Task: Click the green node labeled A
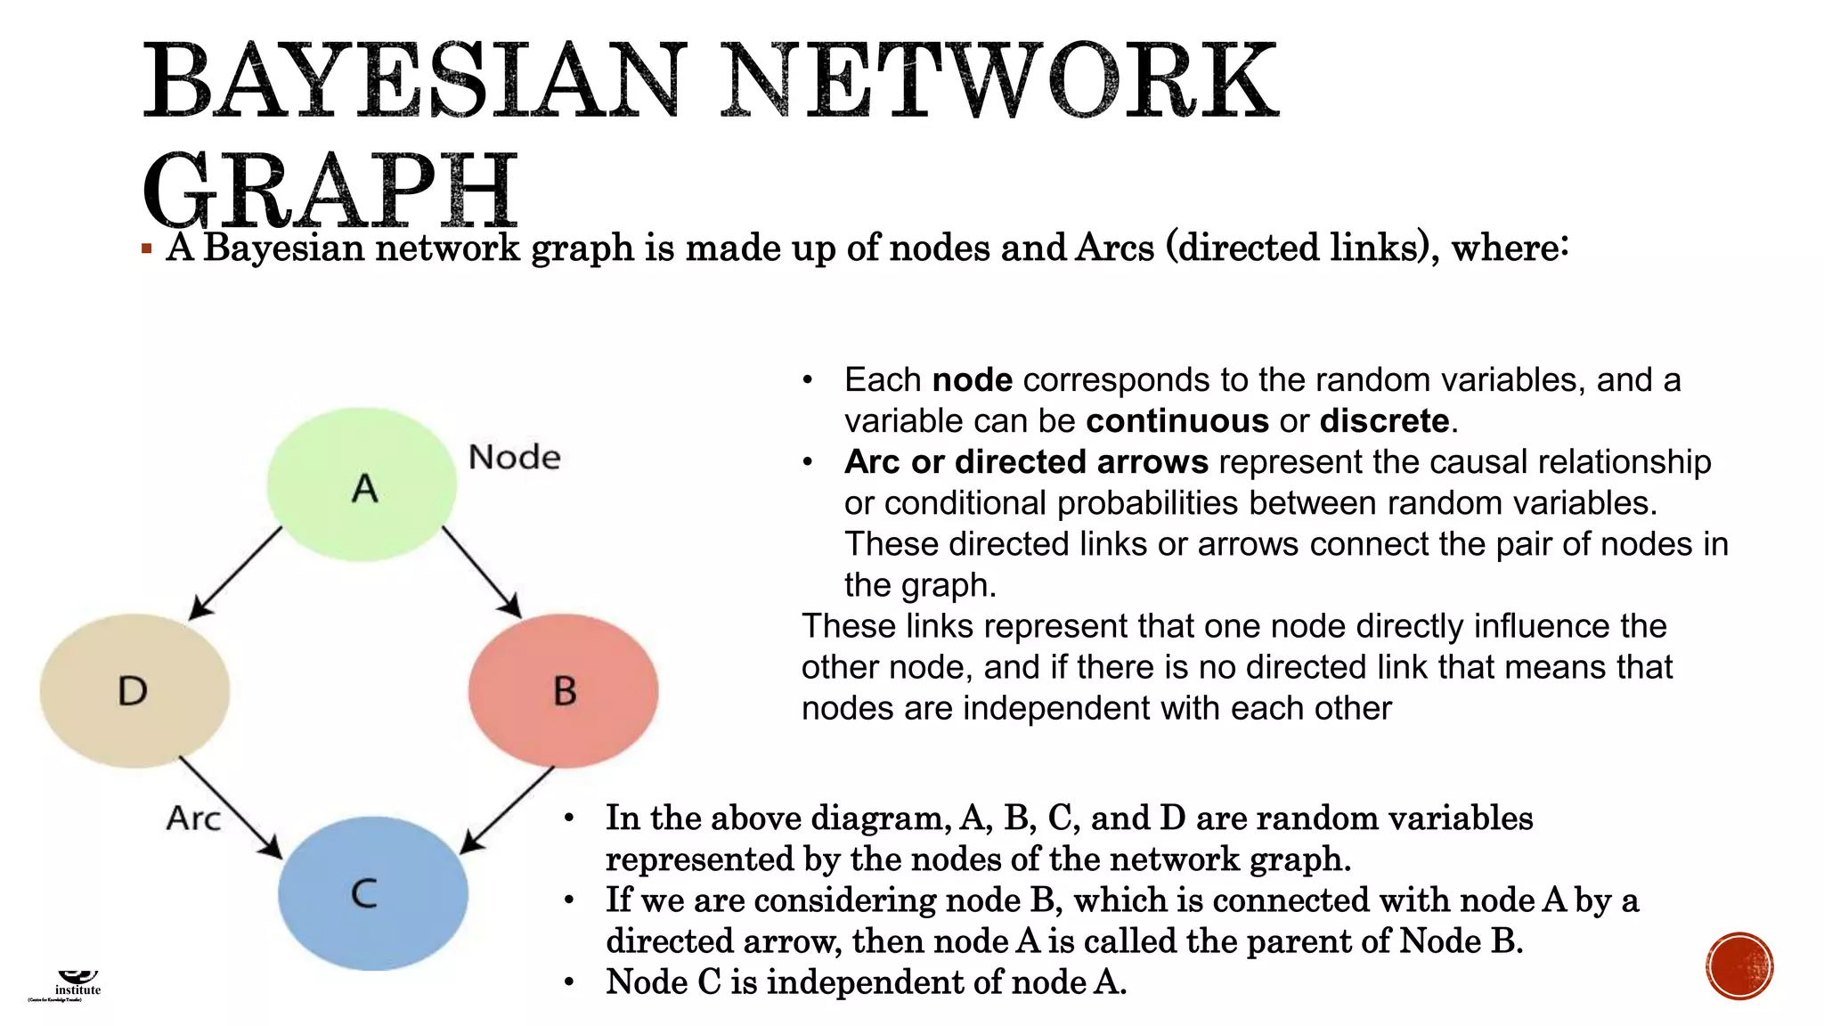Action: coord(362,484)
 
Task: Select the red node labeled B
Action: coord(563,690)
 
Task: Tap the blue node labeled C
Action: coord(372,892)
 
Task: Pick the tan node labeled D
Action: coord(134,690)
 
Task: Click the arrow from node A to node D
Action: coord(235,573)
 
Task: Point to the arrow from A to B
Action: coord(481,571)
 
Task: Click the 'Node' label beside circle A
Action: coord(514,457)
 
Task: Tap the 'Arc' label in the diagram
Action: coord(193,818)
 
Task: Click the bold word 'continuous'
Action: coord(1177,420)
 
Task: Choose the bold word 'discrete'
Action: coord(1384,420)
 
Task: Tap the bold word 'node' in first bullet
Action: coord(972,379)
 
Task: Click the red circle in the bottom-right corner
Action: coord(1739,966)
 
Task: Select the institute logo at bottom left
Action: coord(77,985)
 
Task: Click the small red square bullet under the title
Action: coord(147,248)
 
